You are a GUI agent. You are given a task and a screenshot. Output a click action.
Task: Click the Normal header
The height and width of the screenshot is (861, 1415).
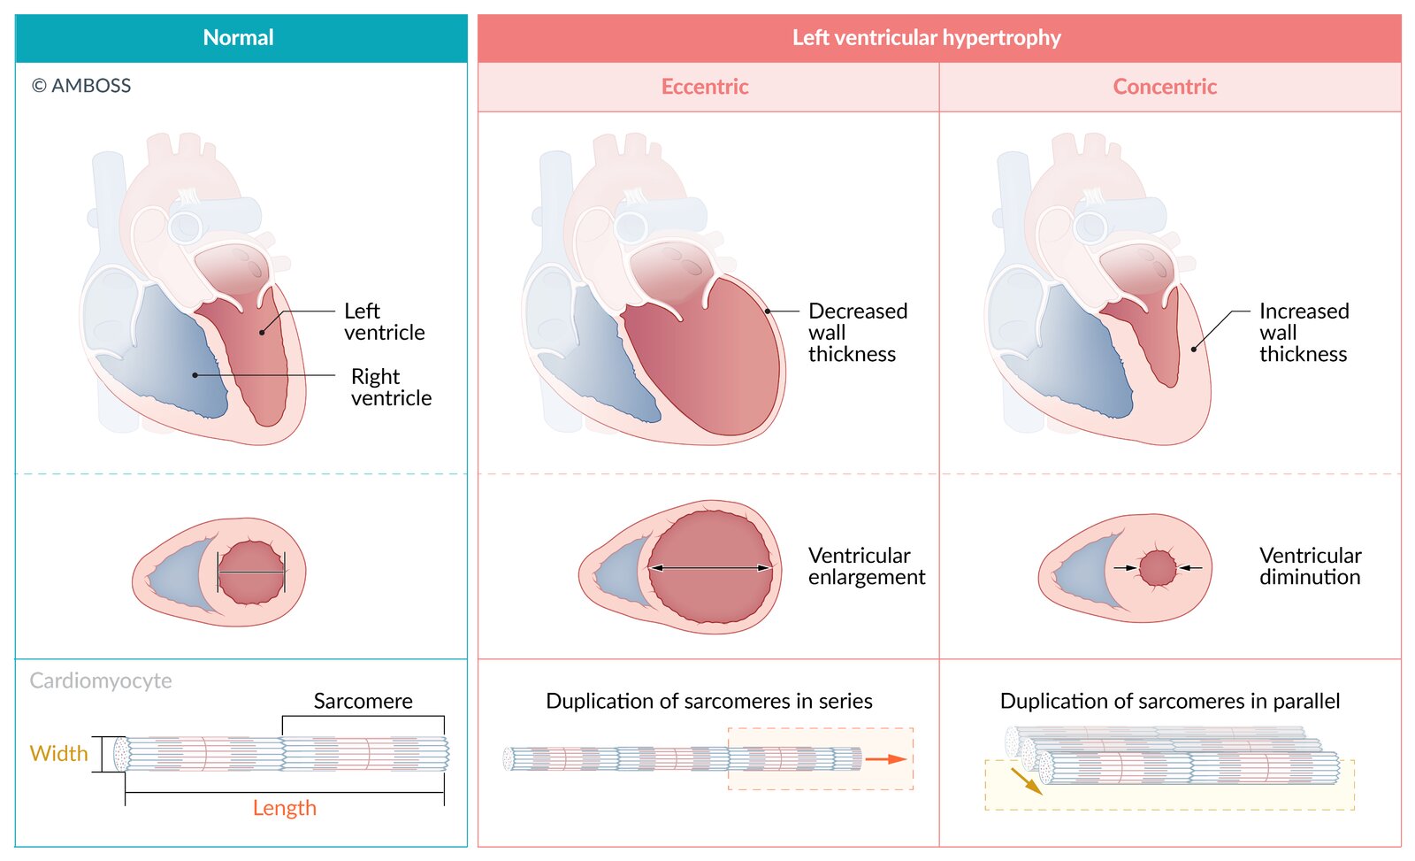[x=239, y=38]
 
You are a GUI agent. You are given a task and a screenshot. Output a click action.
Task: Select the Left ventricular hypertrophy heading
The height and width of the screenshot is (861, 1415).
[x=926, y=38]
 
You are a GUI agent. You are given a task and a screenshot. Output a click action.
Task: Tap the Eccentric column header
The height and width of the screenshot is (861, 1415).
[x=705, y=87]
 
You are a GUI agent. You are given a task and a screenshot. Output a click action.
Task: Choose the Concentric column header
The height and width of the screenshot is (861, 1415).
[x=1165, y=87]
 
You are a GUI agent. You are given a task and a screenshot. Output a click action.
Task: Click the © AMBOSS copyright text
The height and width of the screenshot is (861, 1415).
[x=81, y=86]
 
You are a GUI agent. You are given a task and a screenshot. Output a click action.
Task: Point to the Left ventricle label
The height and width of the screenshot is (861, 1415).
[x=384, y=322]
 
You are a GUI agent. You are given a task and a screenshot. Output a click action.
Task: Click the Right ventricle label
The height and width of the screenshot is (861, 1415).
[x=391, y=388]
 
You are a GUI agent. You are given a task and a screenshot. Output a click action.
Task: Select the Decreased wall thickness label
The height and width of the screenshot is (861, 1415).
[x=857, y=333]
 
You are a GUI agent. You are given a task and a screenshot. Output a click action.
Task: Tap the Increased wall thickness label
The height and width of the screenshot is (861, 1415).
[x=1304, y=333]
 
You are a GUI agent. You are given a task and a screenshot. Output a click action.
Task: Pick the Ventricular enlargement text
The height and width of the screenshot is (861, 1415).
[x=866, y=566]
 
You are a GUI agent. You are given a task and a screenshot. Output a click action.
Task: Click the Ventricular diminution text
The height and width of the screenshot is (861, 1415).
[x=1310, y=566]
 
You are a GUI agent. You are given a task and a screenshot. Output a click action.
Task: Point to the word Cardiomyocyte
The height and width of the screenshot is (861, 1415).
[x=101, y=680]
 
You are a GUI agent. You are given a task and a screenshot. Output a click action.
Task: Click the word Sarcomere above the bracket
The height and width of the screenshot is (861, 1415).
[x=363, y=702]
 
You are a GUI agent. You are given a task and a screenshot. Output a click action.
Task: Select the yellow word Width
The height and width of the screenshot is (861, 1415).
[x=59, y=754]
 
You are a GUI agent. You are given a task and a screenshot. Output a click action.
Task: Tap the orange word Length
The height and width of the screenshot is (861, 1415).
[x=284, y=808]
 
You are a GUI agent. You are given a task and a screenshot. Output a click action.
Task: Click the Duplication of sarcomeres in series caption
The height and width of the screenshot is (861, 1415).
[x=708, y=702]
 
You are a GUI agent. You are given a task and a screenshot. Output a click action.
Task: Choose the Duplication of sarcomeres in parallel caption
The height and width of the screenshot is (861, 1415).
[x=1169, y=702]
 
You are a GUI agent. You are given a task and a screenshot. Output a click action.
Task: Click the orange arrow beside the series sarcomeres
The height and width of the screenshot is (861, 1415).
[x=885, y=759]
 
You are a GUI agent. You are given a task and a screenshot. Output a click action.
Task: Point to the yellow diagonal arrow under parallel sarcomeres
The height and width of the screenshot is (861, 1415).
[x=1026, y=780]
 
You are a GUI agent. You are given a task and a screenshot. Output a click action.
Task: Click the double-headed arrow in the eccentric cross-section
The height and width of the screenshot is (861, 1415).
[x=709, y=568]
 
